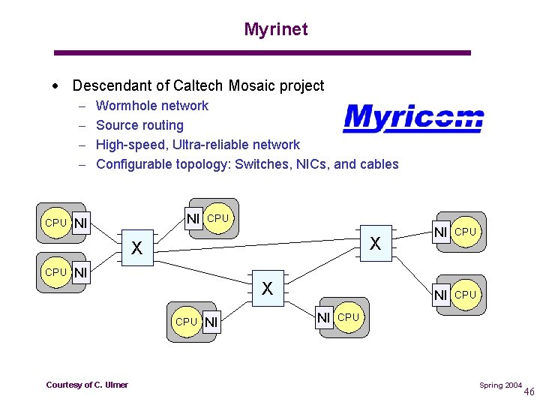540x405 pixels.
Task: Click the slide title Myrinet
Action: coord(275,29)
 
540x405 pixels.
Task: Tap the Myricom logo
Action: coord(413,118)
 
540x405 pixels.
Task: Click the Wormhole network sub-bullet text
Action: coord(152,106)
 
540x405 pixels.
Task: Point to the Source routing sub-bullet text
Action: coord(139,125)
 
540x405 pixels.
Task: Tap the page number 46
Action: coord(529,391)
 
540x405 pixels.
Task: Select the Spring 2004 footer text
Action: coord(500,385)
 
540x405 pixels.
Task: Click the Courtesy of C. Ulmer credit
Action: coord(87,385)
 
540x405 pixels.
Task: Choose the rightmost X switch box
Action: coord(375,243)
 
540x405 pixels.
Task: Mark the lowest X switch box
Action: coord(267,288)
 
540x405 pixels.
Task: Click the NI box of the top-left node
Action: coord(80,223)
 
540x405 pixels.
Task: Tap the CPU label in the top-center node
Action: coord(218,218)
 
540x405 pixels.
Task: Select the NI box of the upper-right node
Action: coord(442,232)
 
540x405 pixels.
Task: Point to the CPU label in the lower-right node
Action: coord(466,295)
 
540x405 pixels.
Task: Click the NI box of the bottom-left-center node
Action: coord(211,322)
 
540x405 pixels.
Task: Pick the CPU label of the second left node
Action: coord(55,272)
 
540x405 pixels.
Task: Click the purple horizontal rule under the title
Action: coord(262,52)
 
